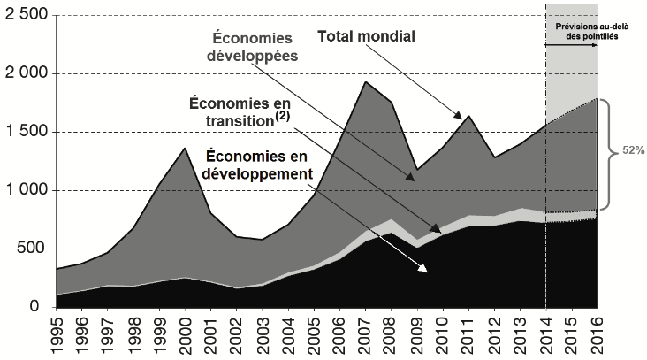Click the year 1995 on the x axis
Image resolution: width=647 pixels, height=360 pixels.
(x=57, y=336)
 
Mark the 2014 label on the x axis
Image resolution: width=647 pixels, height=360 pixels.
(x=546, y=336)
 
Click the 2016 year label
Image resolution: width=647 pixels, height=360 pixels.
(x=598, y=336)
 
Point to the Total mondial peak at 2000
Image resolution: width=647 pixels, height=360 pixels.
(x=184, y=148)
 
